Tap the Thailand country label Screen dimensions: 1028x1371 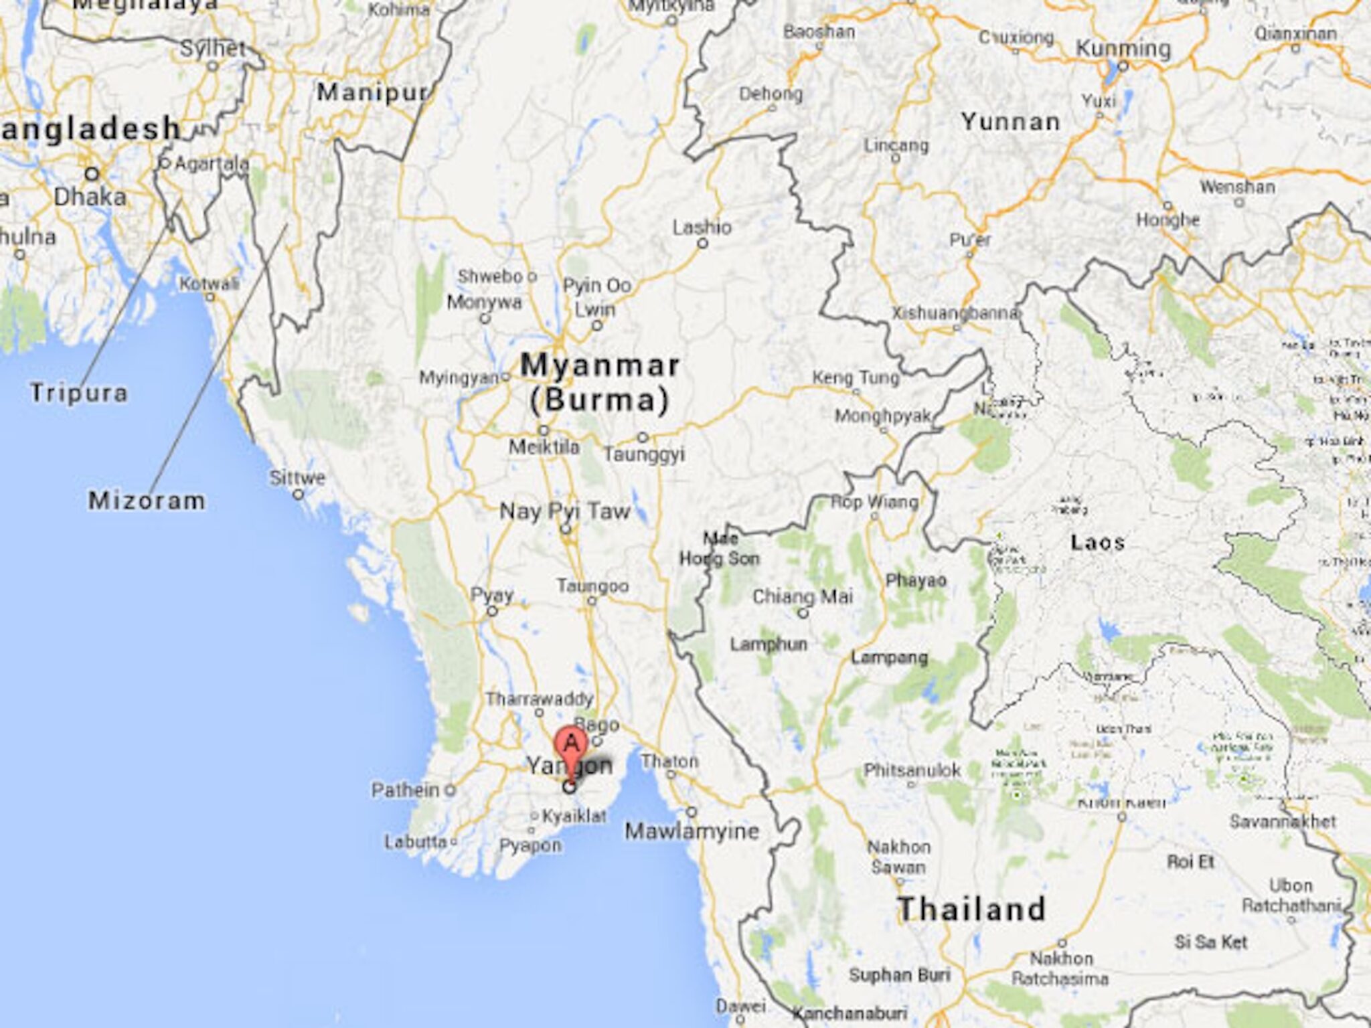coord(971,910)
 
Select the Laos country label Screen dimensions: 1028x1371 coord(1097,542)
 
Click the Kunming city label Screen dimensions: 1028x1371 coord(1123,49)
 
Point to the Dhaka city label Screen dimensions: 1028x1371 coord(90,197)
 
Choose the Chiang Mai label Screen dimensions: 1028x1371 coord(803,596)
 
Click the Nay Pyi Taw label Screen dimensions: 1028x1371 coord(565,512)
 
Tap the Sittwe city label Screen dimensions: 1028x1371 coord(298,478)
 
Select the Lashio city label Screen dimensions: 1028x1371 coord(702,228)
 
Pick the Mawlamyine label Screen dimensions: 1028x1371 coord(692,831)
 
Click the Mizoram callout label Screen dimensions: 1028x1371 coord(147,501)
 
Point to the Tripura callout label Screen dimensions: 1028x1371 coord(79,393)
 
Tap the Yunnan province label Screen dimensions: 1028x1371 coord(1011,122)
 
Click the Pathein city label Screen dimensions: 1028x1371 coord(406,790)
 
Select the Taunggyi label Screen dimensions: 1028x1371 coord(644,454)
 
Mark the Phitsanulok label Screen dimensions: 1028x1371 coord(912,770)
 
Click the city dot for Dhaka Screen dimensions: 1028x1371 coord(92,174)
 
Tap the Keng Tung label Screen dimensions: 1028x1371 coord(856,377)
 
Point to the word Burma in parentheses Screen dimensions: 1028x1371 coord(599,400)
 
